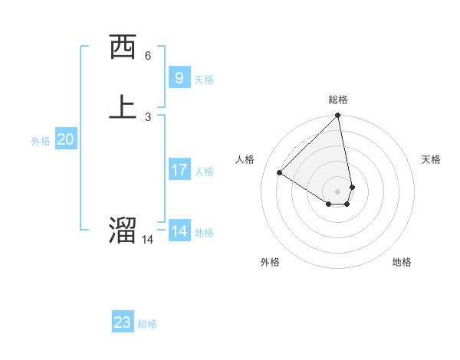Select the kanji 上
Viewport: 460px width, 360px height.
(x=123, y=107)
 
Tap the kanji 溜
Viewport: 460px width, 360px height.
(x=123, y=231)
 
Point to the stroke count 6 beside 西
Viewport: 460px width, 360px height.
(x=148, y=56)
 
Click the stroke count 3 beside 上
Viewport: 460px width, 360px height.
(x=148, y=117)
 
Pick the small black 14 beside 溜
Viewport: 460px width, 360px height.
(x=147, y=240)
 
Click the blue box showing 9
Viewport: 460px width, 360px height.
(x=179, y=77)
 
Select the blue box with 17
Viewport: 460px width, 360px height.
(x=179, y=169)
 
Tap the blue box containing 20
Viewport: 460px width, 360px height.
(x=65, y=139)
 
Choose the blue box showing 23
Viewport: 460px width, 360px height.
(x=123, y=322)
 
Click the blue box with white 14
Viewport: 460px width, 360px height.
(x=179, y=231)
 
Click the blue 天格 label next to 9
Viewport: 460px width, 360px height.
(x=204, y=80)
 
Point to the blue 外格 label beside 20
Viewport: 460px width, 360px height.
(x=41, y=141)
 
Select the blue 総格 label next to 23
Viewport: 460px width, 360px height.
(x=147, y=324)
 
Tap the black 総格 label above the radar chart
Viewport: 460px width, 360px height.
(x=338, y=100)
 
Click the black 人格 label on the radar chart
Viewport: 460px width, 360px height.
(x=245, y=159)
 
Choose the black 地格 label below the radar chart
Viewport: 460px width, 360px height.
(x=402, y=262)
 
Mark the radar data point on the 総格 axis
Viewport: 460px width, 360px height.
(x=338, y=116)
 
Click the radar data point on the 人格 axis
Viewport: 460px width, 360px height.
(x=280, y=173)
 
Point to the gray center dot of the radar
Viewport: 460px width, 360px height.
(x=338, y=191)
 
